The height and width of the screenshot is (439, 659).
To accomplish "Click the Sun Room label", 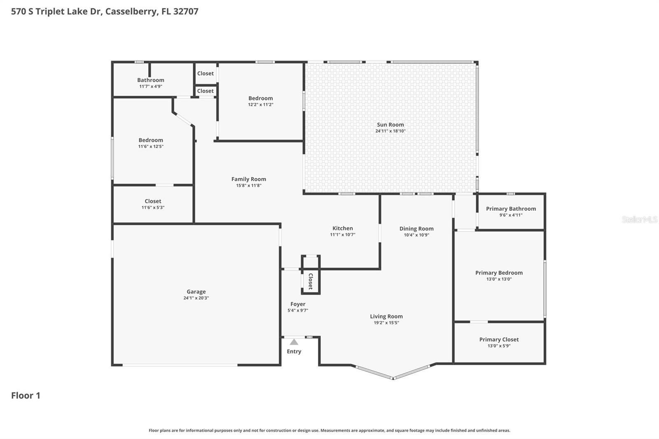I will (390, 124).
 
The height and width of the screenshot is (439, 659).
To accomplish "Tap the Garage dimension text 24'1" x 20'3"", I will (196, 298).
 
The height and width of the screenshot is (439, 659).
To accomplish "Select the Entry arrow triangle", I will (294, 342).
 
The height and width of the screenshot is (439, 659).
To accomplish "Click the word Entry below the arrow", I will (294, 351).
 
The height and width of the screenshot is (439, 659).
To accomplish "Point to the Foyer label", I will (297, 304).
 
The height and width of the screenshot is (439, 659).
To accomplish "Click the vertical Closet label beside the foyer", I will (311, 281).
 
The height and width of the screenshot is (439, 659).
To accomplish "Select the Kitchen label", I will (342, 228).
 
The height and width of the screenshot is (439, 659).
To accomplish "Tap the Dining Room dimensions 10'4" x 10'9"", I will (416, 235).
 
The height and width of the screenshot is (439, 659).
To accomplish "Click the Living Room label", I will (386, 316).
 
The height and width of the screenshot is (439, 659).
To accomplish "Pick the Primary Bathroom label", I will (511, 209).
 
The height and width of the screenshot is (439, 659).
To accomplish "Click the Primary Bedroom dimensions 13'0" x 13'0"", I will (499, 279).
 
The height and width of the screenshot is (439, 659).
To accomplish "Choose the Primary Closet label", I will (499, 339).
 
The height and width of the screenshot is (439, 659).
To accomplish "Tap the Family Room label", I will (248, 179).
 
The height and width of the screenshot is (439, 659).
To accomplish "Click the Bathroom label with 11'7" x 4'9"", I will (150, 80).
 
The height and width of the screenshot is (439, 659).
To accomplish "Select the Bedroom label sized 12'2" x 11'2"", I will (260, 98).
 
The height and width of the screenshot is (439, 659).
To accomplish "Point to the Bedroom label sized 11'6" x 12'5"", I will (150, 140).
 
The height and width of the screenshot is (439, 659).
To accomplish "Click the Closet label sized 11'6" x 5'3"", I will (153, 201).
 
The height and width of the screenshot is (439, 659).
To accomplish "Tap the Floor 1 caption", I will (26, 395).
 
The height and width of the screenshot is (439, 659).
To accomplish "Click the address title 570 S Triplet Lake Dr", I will (105, 11).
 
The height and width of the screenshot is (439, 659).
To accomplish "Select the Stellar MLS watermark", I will (639, 219).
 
